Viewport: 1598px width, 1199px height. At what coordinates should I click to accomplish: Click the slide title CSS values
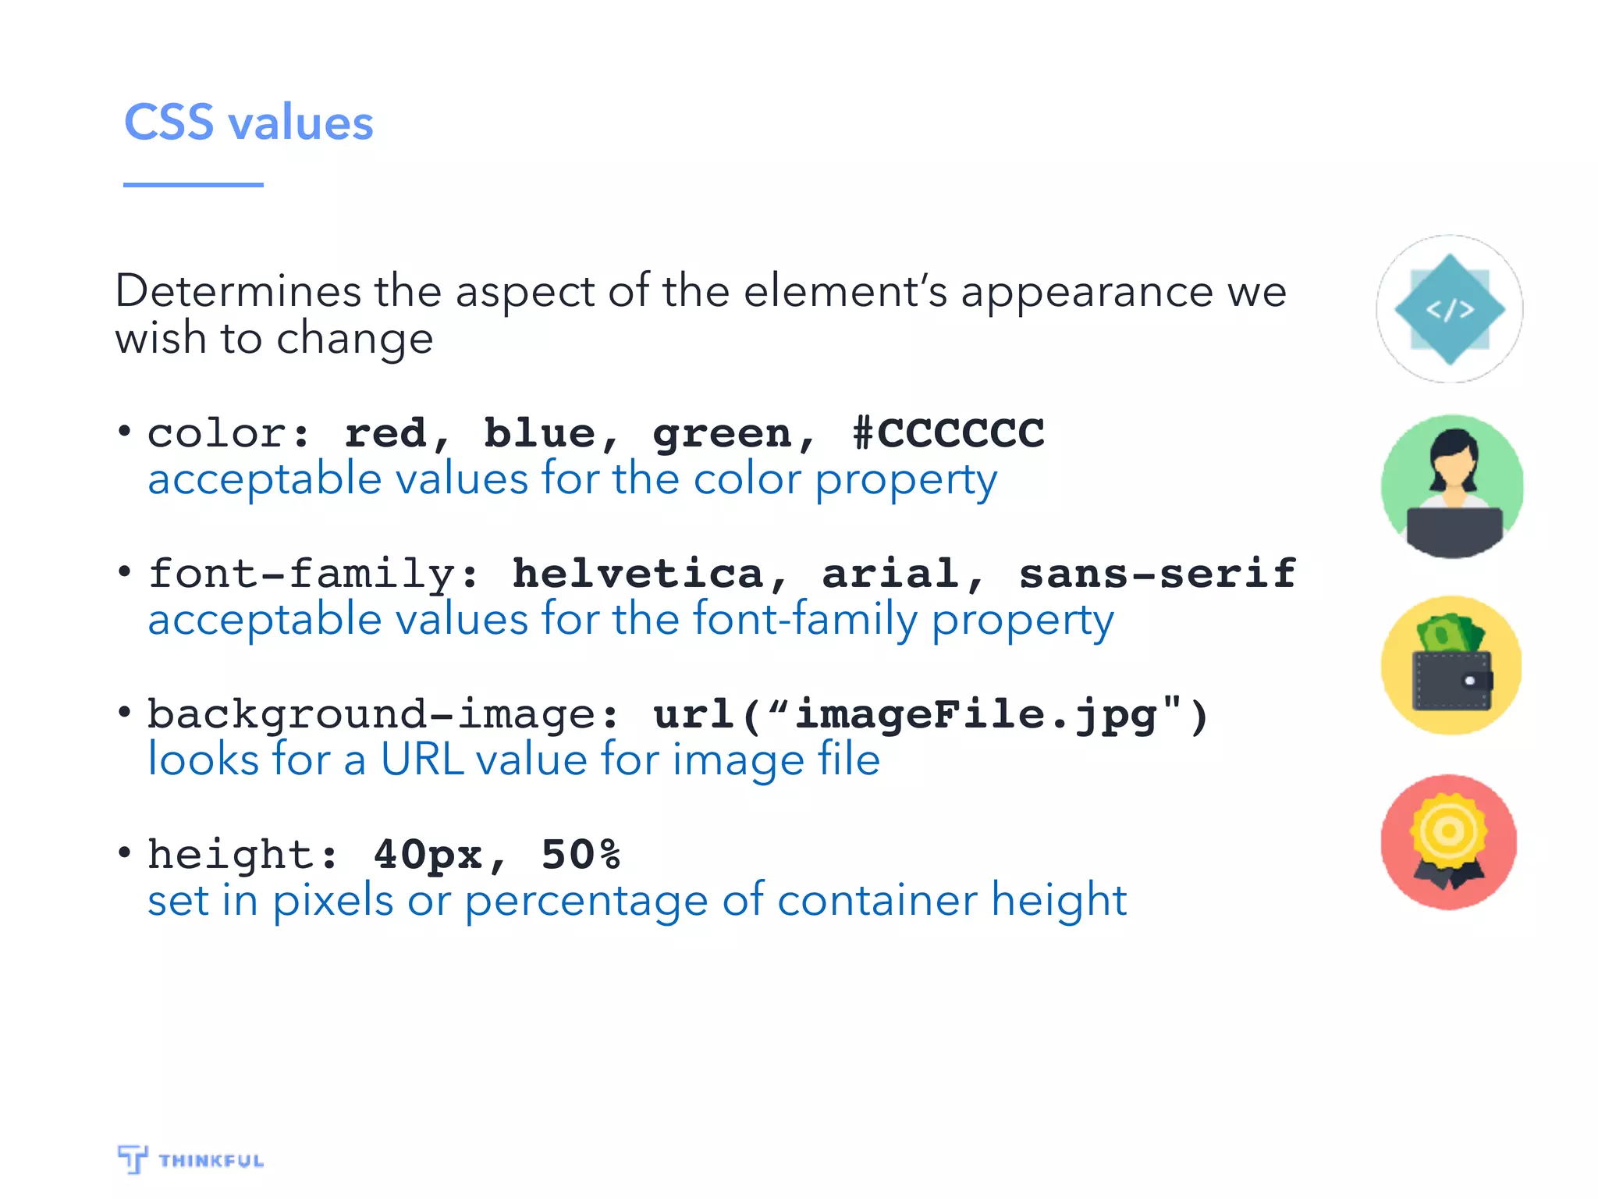[x=248, y=123]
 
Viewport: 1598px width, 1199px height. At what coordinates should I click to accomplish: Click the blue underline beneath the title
[x=193, y=185]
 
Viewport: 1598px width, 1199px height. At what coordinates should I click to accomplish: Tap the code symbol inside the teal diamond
[x=1450, y=310]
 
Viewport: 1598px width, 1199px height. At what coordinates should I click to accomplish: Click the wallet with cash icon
[x=1451, y=666]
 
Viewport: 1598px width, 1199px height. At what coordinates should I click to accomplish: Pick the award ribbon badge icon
[x=1449, y=842]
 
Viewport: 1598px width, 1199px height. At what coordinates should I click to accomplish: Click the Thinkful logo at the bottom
[x=190, y=1159]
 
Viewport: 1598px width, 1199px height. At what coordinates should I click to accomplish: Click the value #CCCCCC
[x=948, y=433]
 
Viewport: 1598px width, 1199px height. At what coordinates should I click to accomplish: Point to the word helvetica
[x=637, y=574]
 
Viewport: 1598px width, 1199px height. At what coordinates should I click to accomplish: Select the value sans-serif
[x=1157, y=574]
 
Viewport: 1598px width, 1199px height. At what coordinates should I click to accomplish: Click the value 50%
[x=581, y=855]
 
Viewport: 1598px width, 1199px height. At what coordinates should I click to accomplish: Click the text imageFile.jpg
[x=975, y=715]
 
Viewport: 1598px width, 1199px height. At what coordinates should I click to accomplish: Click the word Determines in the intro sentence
[x=238, y=292]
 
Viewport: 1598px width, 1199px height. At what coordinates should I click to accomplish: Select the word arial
[x=890, y=574]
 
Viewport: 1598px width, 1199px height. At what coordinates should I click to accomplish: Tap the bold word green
[x=722, y=434]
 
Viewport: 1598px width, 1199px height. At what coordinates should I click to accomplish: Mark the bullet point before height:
[x=124, y=852]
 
